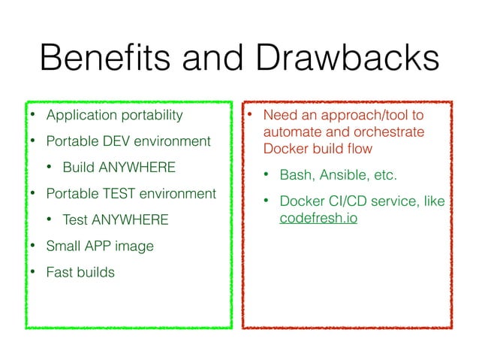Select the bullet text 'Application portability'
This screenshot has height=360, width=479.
pos(114,115)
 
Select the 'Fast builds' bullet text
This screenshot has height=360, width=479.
pos(80,271)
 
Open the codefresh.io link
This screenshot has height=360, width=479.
pos(318,218)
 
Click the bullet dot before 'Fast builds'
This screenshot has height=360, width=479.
pos(32,271)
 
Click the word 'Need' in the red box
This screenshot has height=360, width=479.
pos(279,115)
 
